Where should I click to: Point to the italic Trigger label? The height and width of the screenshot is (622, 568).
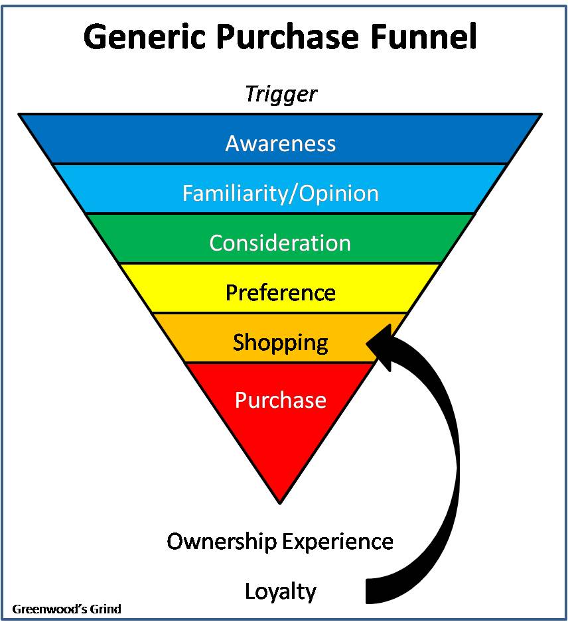(281, 94)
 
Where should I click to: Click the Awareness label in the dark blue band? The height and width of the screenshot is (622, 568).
(281, 143)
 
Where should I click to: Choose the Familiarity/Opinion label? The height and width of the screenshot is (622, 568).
(281, 193)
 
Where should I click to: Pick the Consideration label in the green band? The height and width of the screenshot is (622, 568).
(280, 243)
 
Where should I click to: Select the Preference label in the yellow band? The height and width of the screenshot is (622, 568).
(281, 292)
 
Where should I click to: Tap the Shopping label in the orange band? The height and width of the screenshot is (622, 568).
(281, 342)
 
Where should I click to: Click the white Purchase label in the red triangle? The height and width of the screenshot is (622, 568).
(281, 400)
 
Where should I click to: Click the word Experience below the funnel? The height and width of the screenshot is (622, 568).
(338, 542)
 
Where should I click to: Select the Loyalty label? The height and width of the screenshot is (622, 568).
(281, 591)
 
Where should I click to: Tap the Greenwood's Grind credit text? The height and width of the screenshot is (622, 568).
(66, 608)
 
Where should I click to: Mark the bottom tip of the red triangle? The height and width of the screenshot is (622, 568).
(280, 502)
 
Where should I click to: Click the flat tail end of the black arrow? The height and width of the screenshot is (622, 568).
(369, 590)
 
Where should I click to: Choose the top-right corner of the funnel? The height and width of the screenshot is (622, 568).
(541, 115)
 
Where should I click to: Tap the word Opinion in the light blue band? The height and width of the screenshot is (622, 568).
(338, 193)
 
